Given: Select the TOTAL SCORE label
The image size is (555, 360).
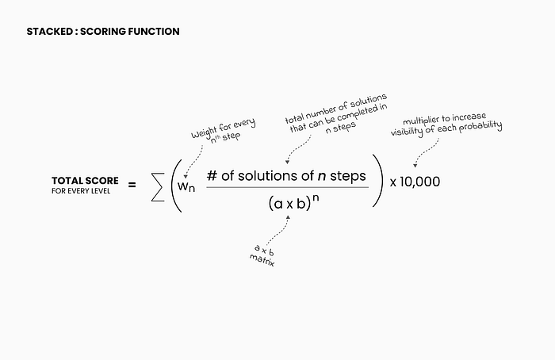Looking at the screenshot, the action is [85, 181].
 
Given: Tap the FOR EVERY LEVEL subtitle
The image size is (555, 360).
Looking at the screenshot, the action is [81, 191].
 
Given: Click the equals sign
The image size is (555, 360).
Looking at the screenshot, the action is [132, 185].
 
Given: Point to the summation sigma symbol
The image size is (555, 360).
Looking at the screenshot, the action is [158, 187].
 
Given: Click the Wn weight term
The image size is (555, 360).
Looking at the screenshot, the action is [186, 186].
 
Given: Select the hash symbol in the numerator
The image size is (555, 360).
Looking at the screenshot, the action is [212, 175].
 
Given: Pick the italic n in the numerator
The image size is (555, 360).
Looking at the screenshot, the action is [322, 176].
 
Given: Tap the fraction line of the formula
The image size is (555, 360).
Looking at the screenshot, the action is [287, 187].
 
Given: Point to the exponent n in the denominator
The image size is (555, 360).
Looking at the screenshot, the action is [316, 198].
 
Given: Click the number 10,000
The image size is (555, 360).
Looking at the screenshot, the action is [419, 182].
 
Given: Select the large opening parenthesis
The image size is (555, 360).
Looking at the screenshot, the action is [176, 186].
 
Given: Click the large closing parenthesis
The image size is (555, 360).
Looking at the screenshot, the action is [378, 181].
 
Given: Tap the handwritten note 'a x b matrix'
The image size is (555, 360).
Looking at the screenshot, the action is [262, 255].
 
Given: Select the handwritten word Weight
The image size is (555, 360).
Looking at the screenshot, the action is [204, 132].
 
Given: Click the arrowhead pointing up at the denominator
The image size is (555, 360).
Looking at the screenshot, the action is [288, 217].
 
